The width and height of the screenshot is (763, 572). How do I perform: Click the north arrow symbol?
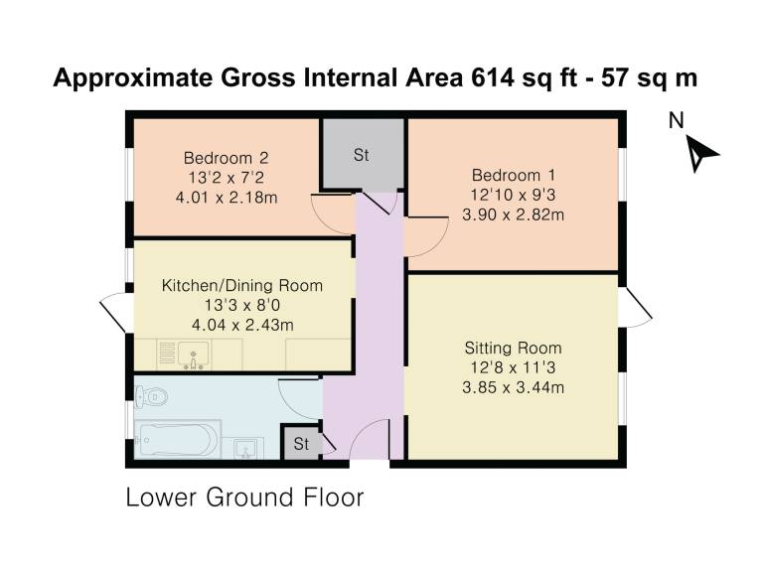pos(700,153)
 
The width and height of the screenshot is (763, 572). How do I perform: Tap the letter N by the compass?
pos(676,120)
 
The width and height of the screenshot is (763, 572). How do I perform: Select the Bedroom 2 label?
pos(226,158)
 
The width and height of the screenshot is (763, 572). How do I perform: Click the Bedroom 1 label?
pos(513,175)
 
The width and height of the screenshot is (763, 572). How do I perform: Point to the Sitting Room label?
pos(513,348)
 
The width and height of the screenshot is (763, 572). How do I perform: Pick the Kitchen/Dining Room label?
pos(241,285)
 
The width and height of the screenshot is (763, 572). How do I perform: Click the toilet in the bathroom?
pos(151,396)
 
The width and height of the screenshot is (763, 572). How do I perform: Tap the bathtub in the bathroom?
pos(177,440)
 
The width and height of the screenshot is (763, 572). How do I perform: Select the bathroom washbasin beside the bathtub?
pos(248,448)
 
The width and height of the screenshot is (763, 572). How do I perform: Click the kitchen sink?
pos(193,354)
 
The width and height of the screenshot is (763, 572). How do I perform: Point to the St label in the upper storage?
pos(361,155)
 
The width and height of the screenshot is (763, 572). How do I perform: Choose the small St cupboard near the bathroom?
pos(301,443)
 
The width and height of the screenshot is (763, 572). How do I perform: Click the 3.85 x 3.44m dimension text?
pos(513,387)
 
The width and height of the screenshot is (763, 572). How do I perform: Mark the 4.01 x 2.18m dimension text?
pos(227,198)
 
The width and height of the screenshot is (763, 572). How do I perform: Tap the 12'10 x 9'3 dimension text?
pos(513,195)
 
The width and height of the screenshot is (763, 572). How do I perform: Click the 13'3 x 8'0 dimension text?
pos(241,305)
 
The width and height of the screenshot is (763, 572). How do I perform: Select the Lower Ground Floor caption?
pos(244,498)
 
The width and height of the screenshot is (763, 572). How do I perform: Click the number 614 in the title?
pos(493,77)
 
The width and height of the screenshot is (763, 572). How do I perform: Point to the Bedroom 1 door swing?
pos(426,236)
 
